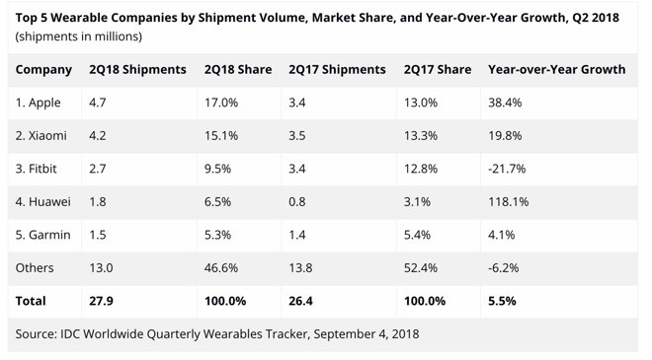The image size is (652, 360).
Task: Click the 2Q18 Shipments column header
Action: tap(137, 70)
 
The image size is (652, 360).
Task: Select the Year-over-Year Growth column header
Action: tap(556, 70)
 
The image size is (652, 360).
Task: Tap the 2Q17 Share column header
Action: tap(437, 70)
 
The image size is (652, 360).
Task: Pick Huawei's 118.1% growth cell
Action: tap(509, 202)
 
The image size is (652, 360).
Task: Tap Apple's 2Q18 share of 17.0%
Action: tap(221, 103)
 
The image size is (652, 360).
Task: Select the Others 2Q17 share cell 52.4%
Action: tap(422, 267)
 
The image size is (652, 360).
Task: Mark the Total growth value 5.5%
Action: tap(504, 300)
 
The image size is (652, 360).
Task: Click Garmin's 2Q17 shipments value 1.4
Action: tap(298, 235)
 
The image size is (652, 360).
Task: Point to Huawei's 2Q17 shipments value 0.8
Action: tap(298, 202)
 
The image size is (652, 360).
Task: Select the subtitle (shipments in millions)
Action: tap(79, 36)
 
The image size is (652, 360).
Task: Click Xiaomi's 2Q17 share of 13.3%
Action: tap(422, 136)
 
